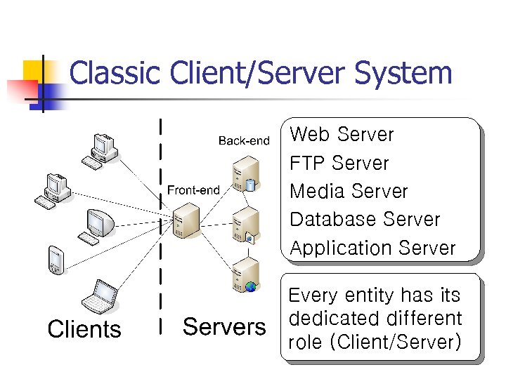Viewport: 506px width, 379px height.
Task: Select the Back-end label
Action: point(244,141)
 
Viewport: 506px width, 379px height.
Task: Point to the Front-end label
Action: point(193,190)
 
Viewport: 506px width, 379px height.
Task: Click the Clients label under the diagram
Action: point(84,329)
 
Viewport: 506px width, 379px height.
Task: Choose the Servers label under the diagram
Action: point(224,327)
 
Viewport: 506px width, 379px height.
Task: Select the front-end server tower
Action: point(186,222)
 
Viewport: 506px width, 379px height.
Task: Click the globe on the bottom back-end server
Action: point(251,286)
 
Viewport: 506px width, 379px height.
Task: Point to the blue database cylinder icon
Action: point(251,185)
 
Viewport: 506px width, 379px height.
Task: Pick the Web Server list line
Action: point(342,135)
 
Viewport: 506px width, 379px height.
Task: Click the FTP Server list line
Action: point(339,164)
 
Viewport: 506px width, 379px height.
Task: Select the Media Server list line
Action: point(349,192)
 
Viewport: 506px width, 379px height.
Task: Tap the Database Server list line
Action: point(365,220)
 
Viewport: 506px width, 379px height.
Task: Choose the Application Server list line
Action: point(372,248)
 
